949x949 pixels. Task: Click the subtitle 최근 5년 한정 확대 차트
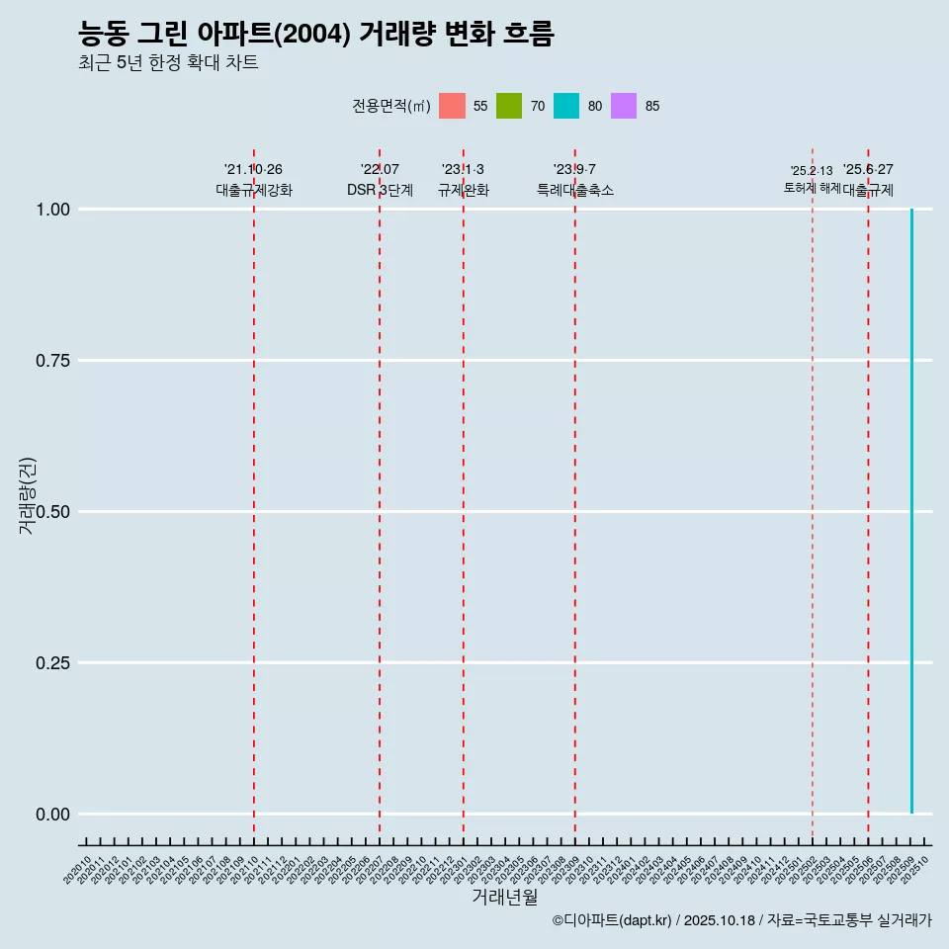point(168,63)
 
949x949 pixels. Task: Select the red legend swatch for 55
point(452,106)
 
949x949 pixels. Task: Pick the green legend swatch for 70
point(509,106)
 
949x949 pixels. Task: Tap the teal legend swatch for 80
point(566,106)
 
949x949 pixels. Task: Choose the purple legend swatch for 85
point(624,106)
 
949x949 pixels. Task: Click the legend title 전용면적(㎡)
point(391,106)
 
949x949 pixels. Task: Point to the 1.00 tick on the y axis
point(52,210)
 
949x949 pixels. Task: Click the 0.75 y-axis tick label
point(52,361)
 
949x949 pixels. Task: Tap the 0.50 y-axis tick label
point(52,512)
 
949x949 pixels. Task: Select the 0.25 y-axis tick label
point(52,663)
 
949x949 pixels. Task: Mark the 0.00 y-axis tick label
point(52,815)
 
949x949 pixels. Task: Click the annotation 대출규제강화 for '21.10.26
point(254,190)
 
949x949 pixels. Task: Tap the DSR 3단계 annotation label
point(380,190)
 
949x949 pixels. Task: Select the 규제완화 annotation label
point(464,190)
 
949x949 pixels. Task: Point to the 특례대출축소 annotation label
point(575,190)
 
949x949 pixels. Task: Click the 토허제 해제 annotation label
point(812,187)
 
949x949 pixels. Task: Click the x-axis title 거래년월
point(505,898)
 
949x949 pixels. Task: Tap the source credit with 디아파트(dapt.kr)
point(741,921)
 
